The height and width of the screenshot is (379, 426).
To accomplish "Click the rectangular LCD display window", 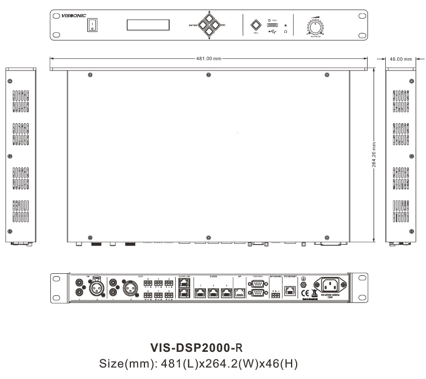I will coord(147,25).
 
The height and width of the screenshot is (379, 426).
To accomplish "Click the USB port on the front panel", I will coord(272,25).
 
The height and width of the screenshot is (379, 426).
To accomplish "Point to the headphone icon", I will coord(286,32).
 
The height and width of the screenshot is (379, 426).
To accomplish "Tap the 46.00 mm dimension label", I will coord(401,58).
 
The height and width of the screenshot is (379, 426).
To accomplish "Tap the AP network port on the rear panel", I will coord(240,291).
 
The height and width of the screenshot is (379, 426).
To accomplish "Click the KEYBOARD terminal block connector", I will coord(275,294).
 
